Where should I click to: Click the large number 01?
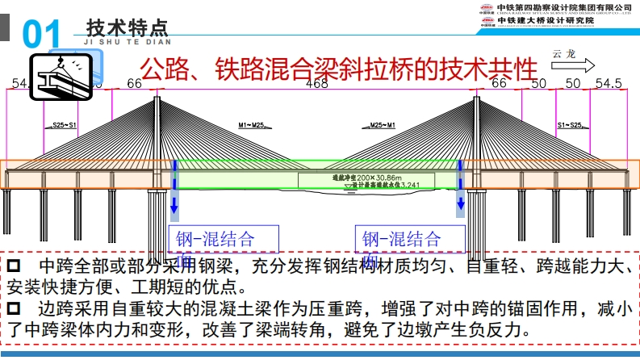42,36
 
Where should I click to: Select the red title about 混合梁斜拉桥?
338,69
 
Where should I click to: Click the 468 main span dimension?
316,84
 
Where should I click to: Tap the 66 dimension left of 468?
134,84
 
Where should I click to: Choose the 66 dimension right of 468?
499,84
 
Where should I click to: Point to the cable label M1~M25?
251,126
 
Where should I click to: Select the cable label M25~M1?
382,126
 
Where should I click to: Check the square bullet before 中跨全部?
16,266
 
